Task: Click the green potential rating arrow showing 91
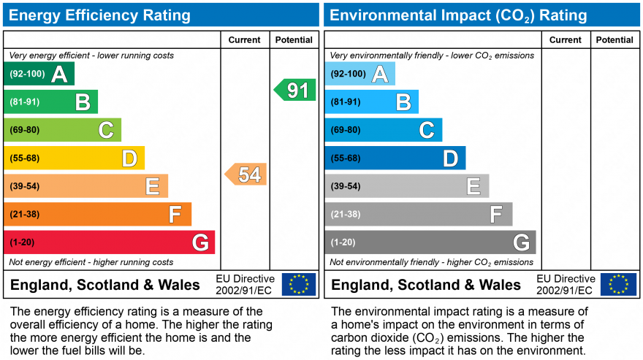(295, 90)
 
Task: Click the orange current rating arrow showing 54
(246, 175)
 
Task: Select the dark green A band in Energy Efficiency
(39, 74)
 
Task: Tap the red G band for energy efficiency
(109, 242)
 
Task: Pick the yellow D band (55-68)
(75, 158)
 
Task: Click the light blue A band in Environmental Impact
(359, 74)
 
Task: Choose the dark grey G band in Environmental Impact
(430, 242)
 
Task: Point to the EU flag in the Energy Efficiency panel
(299, 284)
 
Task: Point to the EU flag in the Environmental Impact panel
(618, 284)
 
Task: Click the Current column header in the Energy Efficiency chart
(244, 39)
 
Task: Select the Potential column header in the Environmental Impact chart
(615, 39)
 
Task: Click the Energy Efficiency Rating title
(99, 15)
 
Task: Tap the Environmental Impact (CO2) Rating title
(458, 15)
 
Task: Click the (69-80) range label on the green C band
(25, 130)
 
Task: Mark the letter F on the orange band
(175, 214)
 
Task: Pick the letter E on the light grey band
(473, 186)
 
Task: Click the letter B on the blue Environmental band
(403, 102)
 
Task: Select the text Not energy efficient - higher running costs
(91, 262)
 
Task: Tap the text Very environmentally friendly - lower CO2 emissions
(432, 55)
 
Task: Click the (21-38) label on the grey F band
(346, 214)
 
